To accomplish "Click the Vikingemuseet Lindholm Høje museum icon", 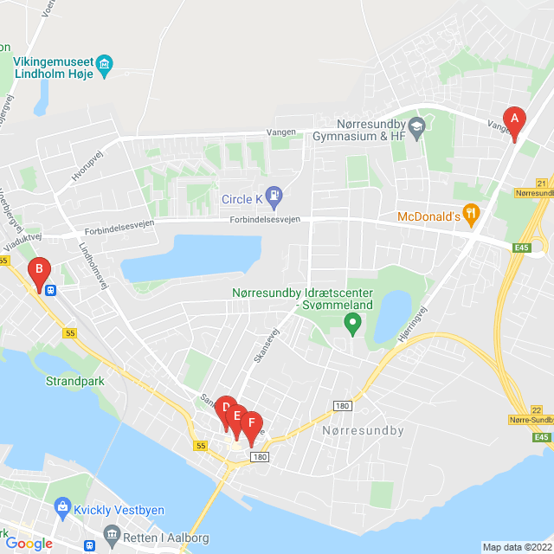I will (106, 64).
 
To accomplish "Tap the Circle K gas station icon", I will (274, 195).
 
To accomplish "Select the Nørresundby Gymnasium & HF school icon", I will (417, 127).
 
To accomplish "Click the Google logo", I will (29, 544).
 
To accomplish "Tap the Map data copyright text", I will (517, 547).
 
